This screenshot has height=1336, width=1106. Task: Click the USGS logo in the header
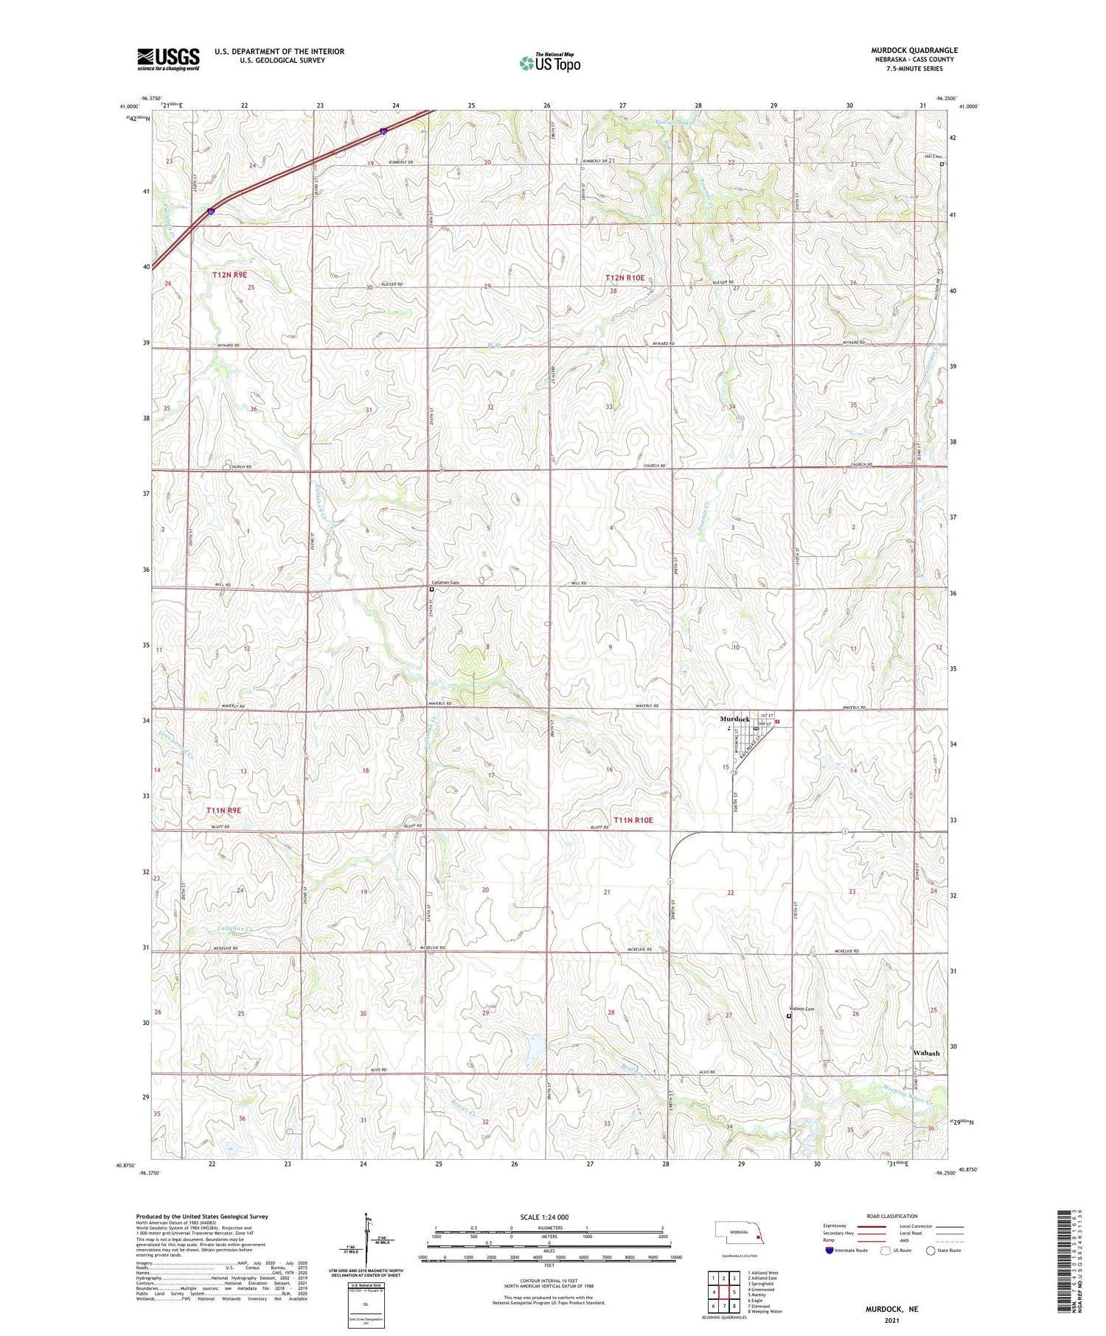[x=168, y=59]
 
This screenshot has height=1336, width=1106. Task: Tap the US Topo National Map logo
[x=550, y=62]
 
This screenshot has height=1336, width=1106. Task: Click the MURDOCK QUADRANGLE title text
[x=914, y=51]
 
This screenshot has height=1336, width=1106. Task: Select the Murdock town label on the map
[x=734, y=718]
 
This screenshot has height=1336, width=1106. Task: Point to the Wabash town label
[x=926, y=1053]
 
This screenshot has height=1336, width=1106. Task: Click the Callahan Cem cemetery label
[x=445, y=583]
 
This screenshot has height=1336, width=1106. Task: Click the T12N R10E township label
[x=625, y=278]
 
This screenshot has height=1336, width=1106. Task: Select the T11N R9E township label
[x=223, y=811]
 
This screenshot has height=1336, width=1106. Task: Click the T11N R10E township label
[x=633, y=820]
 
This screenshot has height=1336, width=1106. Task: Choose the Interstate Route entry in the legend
[x=847, y=1250]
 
